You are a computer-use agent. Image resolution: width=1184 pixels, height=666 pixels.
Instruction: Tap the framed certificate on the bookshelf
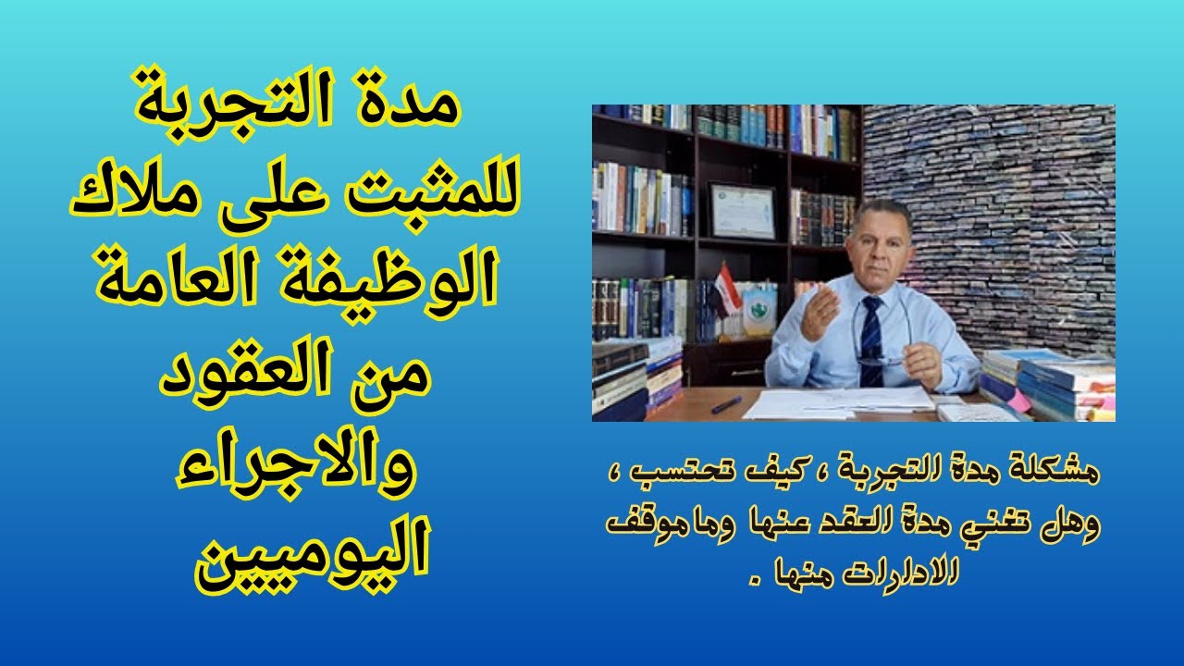(x=743, y=210)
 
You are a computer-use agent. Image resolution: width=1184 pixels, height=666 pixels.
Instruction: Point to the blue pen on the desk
(x=726, y=404)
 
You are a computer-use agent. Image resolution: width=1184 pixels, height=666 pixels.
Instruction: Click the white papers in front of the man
(x=842, y=401)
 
